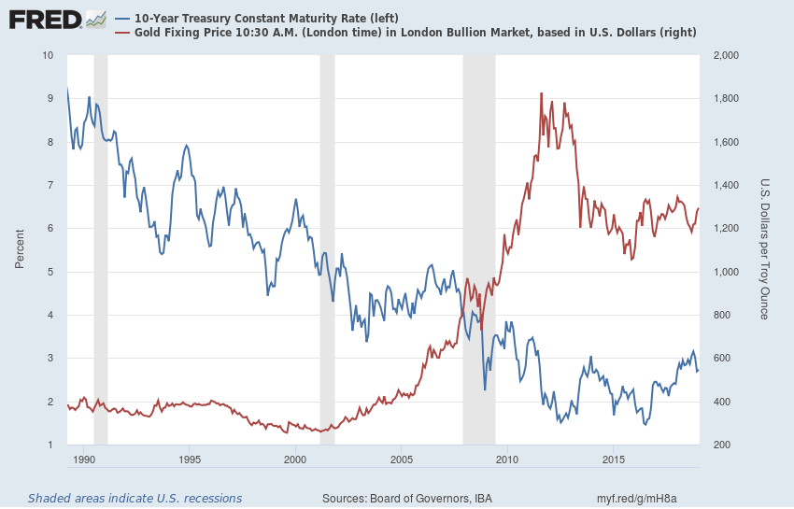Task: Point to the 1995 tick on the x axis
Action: [x=189, y=460]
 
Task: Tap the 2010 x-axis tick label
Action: [x=507, y=460]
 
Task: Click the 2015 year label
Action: [x=614, y=460]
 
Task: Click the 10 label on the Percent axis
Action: [x=47, y=56]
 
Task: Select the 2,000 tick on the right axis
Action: [x=726, y=56]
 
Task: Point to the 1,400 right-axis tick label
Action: [x=726, y=186]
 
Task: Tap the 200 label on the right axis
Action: [x=720, y=445]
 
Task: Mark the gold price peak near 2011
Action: [x=541, y=93]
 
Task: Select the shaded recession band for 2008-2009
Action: [x=478, y=233]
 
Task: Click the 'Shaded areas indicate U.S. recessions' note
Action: [x=135, y=498]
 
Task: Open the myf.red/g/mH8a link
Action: [x=636, y=498]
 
